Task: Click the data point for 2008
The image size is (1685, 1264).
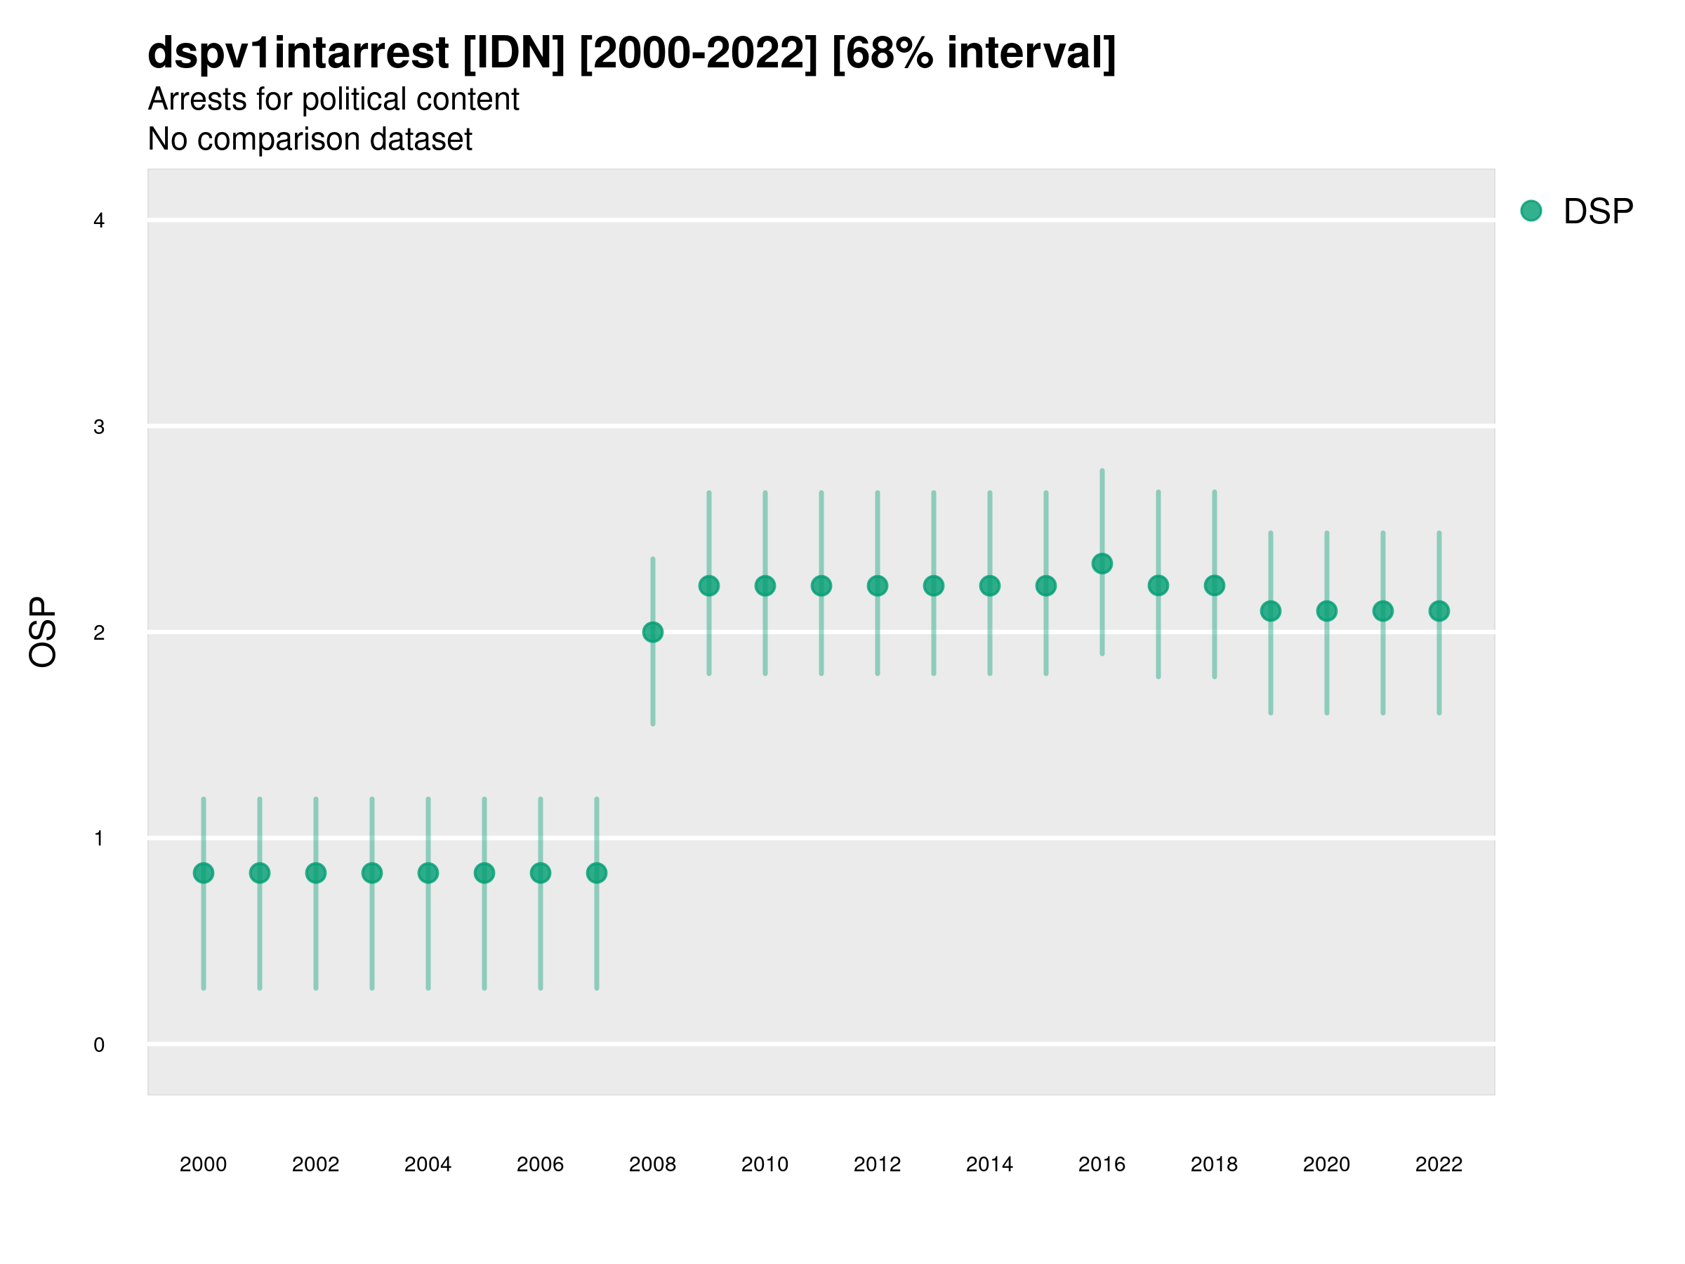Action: (653, 633)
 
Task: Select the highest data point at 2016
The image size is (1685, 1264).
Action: (1102, 564)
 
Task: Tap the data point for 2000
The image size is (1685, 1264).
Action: (204, 873)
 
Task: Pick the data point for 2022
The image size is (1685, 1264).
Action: (1439, 611)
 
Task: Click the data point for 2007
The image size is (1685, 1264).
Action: (597, 873)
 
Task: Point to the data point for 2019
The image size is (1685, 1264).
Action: (1271, 611)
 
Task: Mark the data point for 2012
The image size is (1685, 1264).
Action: (878, 586)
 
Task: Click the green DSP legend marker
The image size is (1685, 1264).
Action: (1531, 211)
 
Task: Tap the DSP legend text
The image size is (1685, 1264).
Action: (1598, 212)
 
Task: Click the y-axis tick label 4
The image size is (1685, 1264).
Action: (99, 221)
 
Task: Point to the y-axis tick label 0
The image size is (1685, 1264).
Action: (99, 1045)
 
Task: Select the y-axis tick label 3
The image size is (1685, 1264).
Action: (99, 427)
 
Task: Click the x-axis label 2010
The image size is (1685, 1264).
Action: (765, 1164)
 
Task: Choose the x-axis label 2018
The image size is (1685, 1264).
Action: (1214, 1164)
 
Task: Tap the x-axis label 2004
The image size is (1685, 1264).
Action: (428, 1164)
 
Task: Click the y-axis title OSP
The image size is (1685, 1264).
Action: (44, 633)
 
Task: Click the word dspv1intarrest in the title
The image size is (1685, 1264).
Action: (298, 53)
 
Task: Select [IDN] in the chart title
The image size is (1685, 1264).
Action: (514, 53)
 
